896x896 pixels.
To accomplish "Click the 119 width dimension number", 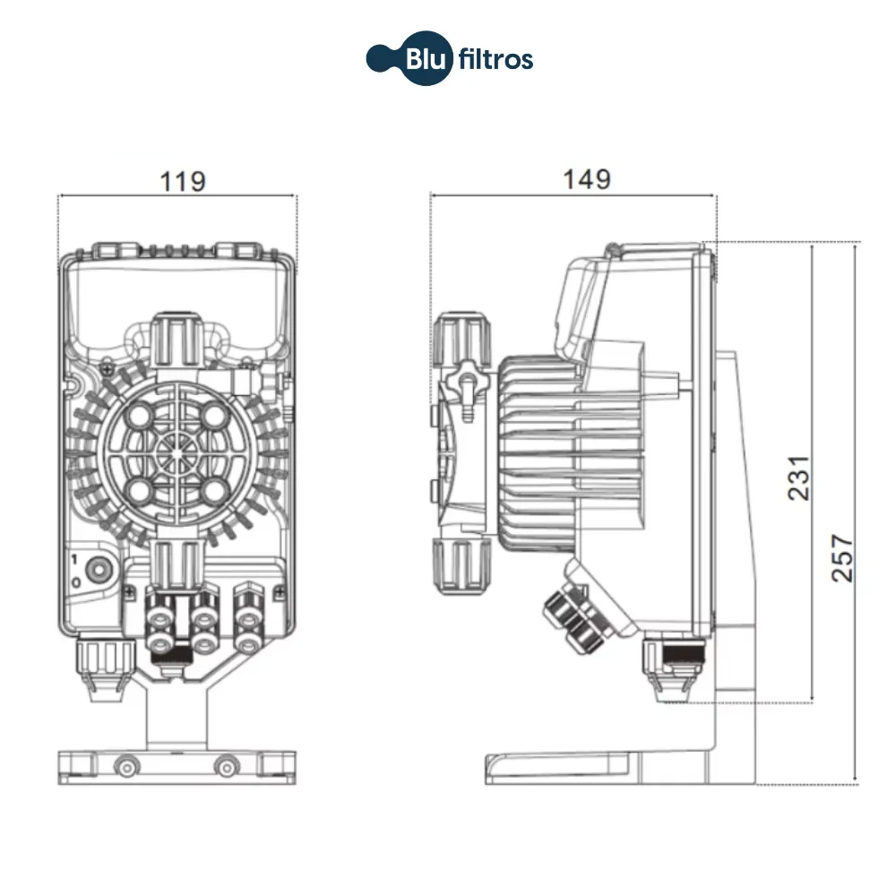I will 183,181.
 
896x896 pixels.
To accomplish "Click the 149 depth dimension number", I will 587,179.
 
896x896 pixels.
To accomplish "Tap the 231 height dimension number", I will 799,478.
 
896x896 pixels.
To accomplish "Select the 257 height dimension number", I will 843,558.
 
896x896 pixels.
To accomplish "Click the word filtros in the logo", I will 495,60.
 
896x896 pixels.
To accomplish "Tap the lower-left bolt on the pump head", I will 142,488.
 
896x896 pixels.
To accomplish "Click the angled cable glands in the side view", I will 573,613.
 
